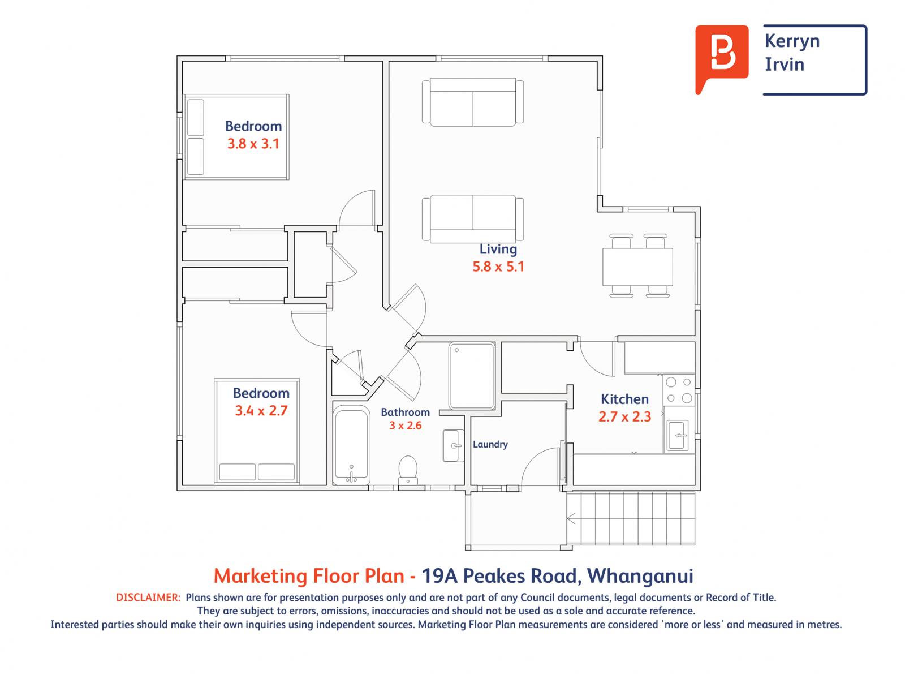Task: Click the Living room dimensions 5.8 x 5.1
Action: [498, 266]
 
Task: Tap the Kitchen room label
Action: [624, 399]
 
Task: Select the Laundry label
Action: [490, 444]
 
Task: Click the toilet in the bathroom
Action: [408, 470]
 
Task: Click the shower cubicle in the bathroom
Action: [472, 375]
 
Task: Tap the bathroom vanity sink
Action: [453, 446]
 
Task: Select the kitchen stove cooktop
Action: [679, 390]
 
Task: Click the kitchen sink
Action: [678, 435]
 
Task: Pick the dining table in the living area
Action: [637, 267]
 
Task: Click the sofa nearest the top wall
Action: [473, 102]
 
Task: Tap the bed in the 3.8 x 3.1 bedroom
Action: [236, 137]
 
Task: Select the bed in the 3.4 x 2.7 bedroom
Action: [257, 431]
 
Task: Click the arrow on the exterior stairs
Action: [571, 518]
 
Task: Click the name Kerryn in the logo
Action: [792, 41]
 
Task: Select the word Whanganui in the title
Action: [640, 576]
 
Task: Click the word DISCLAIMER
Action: [148, 597]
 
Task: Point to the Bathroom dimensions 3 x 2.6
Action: [405, 426]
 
